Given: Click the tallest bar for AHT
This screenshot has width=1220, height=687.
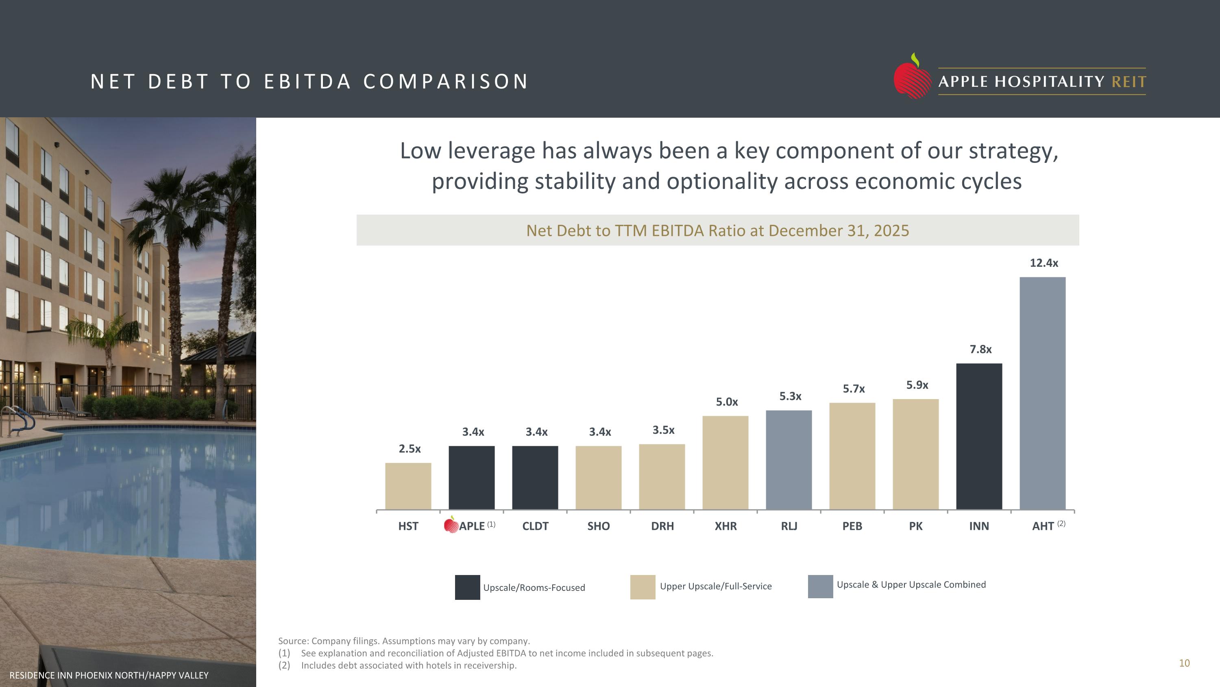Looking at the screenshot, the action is coord(1042,393).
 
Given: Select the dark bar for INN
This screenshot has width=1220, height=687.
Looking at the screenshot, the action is coord(979,436).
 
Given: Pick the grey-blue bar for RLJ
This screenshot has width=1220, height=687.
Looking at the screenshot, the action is coord(789,460).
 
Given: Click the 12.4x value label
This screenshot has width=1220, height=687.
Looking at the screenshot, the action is coord(1044,263).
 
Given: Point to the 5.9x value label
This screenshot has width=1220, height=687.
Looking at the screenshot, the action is coord(917,384).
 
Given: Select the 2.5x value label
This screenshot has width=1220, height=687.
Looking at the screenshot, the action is coord(410,448).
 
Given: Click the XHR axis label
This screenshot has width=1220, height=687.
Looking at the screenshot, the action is coord(725,526).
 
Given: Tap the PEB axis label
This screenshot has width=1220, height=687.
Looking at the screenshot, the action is coord(852,526).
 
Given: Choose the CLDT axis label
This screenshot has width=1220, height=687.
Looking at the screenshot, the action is coord(535,526).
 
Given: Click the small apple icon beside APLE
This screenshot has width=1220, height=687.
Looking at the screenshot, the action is coord(451,525).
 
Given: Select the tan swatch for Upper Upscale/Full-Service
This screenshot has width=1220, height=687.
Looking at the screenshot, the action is coord(643,587).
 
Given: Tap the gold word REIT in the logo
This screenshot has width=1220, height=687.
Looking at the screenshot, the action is coord(1128,82).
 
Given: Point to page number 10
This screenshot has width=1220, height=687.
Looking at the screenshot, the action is coord(1184,663).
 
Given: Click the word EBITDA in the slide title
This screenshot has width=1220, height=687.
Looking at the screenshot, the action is coord(307,81).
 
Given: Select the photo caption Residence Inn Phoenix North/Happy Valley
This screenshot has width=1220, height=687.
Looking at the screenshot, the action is coord(109,675).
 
